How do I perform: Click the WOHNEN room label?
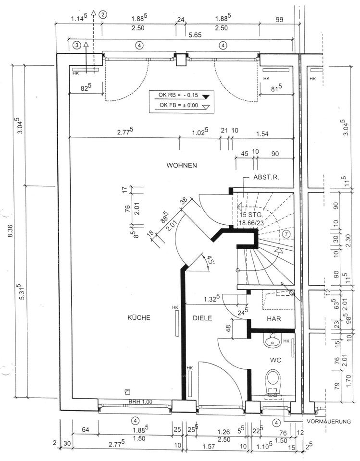(x=182, y=165)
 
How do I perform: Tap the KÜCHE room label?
(x=138, y=317)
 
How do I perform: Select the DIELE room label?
(x=202, y=318)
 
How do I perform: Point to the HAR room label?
(x=274, y=319)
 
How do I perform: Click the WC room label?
(x=275, y=360)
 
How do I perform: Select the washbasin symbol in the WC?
(x=273, y=340)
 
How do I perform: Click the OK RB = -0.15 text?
(x=178, y=95)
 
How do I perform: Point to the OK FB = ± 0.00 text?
(x=179, y=105)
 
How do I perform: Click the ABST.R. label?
(x=266, y=177)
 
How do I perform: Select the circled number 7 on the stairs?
(x=286, y=234)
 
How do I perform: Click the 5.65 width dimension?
(x=196, y=35)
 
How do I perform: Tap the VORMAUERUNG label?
(x=329, y=421)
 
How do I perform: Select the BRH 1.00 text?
(x=140, y=401)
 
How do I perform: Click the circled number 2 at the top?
(x=103, y=14)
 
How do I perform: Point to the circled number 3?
(x=77, y=45)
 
